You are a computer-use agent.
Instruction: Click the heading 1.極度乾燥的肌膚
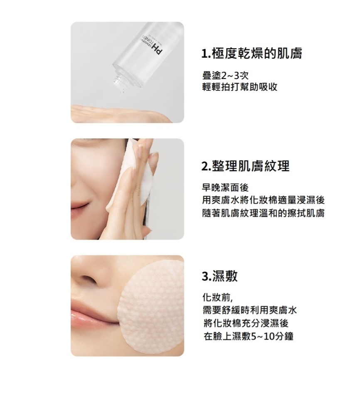(x=252, y=54)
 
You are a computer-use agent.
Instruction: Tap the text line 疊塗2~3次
(x=225, y=76)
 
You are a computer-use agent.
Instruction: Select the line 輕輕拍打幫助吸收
(x=240, y=87)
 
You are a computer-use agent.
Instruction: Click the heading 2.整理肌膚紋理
(x=246, y=166)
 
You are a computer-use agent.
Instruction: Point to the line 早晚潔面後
(x=225, y=187)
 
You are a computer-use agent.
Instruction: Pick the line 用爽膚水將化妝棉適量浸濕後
(x=264, y=200)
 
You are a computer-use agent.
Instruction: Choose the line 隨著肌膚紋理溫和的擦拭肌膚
(x=264, y=213)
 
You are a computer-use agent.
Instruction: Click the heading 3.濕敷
(x=219, y=276)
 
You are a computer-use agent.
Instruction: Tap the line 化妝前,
(x=217, y=297)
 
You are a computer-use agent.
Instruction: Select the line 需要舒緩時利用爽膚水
(x=250, y=310)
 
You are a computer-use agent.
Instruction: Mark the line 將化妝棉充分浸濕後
(x=246, y=323)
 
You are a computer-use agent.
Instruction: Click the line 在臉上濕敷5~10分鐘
(x=249, y=336)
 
